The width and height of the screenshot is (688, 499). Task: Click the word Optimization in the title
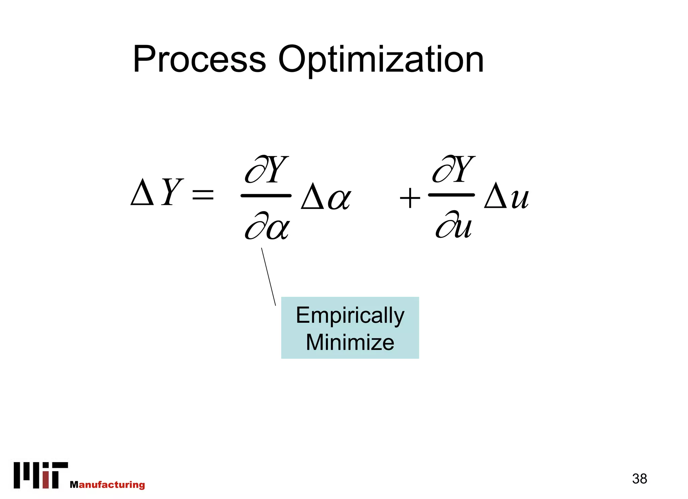coord(381,60)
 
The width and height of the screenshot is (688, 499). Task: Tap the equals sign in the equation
coord(203,194)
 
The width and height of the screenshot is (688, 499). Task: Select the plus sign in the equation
coord(410,198)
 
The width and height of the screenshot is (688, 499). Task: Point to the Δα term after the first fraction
coord(326,197)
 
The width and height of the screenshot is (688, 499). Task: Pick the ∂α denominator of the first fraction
coord(267,226)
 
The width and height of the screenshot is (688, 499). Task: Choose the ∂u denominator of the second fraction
coord(454,225)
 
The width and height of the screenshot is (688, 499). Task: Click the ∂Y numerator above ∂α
coord(267,170)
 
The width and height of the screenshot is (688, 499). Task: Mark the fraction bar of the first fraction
coord(266,195)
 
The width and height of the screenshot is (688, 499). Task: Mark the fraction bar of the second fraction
coord(451,195)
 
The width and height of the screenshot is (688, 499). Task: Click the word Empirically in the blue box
coord(350,316)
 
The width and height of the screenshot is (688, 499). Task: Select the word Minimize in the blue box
coord(350,343)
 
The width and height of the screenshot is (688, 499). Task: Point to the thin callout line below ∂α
coord(268,277)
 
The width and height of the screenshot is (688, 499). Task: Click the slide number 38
coord(639,479)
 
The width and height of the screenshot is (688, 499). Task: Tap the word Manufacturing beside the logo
coord(107,485)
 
